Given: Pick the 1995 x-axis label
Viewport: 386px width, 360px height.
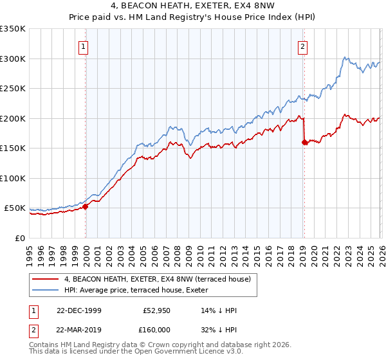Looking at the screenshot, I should [29, 251].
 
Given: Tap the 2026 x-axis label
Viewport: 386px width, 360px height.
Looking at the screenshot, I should [380, 251].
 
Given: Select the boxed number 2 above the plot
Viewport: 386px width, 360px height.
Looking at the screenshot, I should [302, 46].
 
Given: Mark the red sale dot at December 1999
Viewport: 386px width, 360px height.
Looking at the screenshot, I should [85, 206].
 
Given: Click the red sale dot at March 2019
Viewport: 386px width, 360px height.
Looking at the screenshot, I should [304, 143].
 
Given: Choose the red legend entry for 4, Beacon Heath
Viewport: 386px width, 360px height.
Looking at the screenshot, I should [161, 279].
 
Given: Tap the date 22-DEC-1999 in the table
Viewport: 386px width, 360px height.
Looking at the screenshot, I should [78, 311].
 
